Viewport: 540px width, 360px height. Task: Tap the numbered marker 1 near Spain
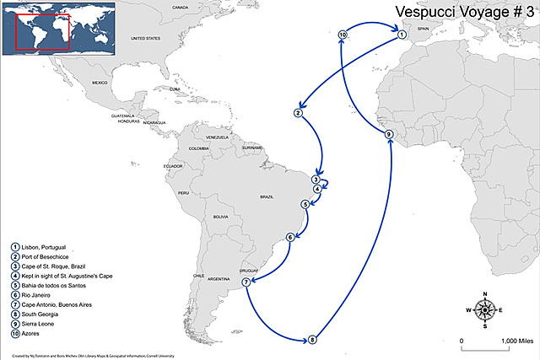pyautogui.click(x=402, y=35)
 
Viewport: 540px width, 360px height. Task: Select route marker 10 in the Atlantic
pyautogui.click(x=343, y=35)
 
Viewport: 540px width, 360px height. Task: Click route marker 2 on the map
pyautogui.click(x=298, y=112)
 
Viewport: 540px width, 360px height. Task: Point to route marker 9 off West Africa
pyautogui.click(x=389, y=135)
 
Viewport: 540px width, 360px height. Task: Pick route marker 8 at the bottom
pyautogui.click(x=312, y=340)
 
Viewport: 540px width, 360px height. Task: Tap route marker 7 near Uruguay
pyautogui.click(x=246, y=282)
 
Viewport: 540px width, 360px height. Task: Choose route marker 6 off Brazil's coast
pyautogui.click(x=290, y=237)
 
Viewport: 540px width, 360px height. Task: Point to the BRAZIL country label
pyautogui.click(x=267, y=196)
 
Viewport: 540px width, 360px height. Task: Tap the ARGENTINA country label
pyautogui.click(x=219, y=278)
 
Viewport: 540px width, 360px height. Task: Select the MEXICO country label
pyautogui.click(x=102, y=83)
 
